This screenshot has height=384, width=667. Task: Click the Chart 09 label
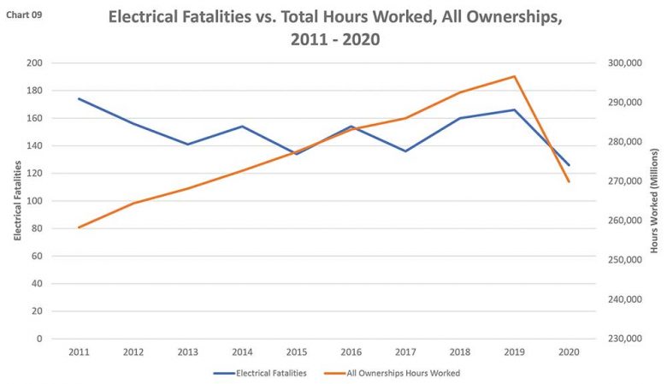click(x=24, y=15)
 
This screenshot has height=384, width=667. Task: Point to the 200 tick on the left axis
click(x=35, y=63)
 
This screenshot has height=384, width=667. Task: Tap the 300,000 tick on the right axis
click(x=623, y=63)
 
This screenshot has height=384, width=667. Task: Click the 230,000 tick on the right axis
click(x=623, y=339)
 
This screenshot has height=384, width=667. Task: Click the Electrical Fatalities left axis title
click(x=17, y=201)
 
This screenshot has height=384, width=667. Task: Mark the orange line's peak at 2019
click(x=515, y=76)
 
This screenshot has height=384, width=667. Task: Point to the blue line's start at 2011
click(x=79, y=99)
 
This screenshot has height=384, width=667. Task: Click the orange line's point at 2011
click(x=79, y=227)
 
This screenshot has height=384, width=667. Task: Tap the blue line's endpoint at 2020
click(x=569, y=165)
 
